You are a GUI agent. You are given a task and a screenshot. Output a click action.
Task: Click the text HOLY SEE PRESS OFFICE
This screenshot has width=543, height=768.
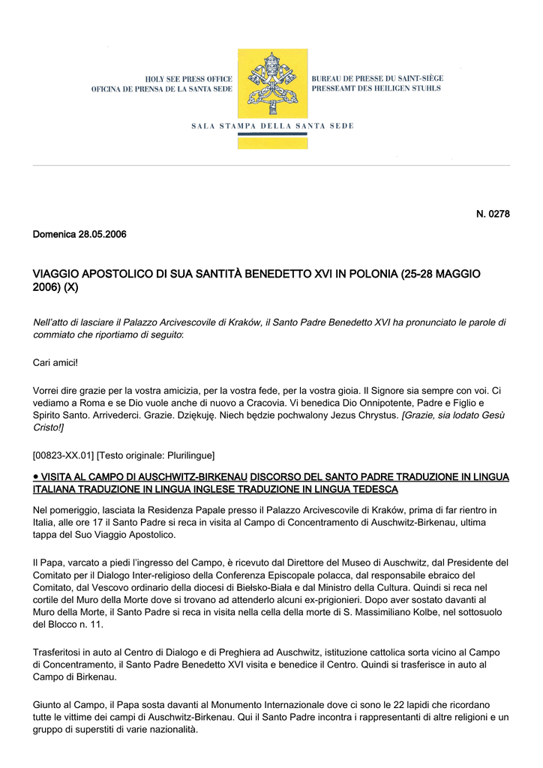coord(188,79)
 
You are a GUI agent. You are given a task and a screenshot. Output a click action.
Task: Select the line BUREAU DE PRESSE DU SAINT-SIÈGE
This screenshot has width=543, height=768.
coord(377,78)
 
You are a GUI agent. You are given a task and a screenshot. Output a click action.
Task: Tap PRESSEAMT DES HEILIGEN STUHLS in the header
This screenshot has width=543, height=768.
coord(376,88)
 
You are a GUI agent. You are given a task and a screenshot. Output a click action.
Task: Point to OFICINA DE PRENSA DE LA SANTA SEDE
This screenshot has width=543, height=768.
coord(161,89)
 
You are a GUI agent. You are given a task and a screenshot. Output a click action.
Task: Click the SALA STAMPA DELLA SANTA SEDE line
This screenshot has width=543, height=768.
coord(271,126)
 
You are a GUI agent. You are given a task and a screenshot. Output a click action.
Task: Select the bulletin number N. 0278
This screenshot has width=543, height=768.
coord(493,214)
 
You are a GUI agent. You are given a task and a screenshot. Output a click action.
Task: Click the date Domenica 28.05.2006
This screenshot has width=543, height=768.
coord(79,235)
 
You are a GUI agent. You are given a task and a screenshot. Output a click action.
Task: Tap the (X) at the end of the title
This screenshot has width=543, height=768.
coord(70,287)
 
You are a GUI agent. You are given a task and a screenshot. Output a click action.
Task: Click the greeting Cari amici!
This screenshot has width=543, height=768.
coord(55,363)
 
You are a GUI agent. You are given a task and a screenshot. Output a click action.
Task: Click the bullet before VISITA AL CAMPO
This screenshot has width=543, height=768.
coord(36,476)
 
